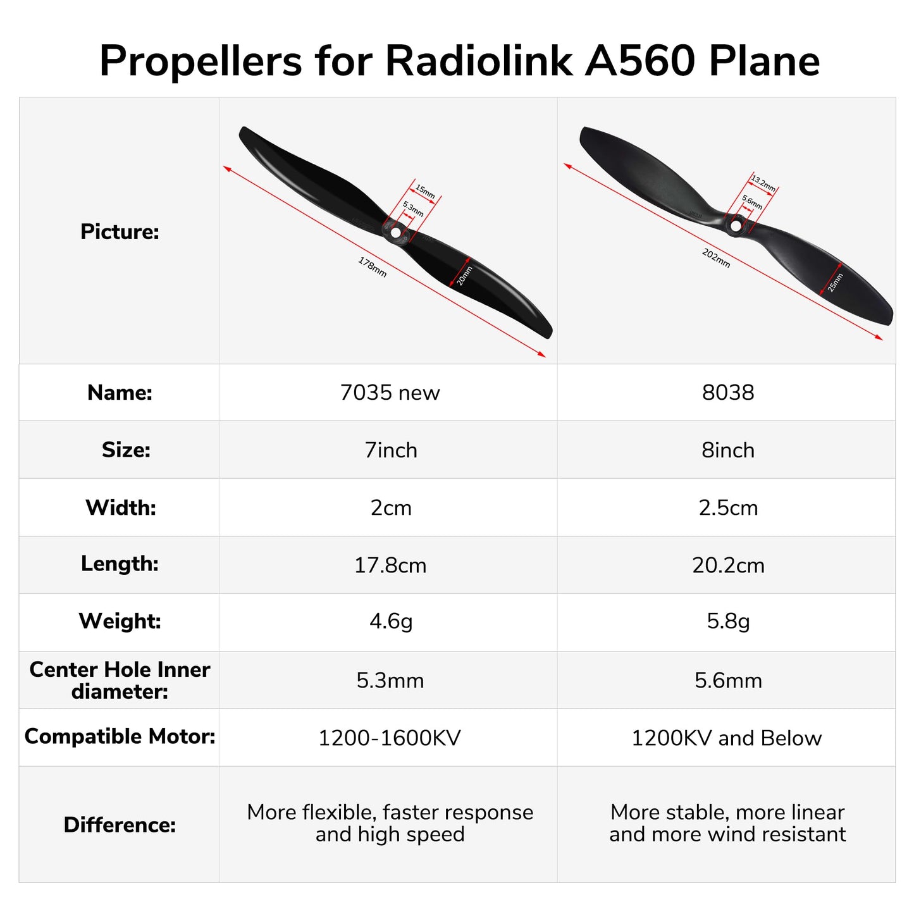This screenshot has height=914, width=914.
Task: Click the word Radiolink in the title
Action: click(479, 61)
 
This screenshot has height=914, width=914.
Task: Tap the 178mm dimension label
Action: click(372, 267)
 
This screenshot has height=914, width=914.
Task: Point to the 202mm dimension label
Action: click(716, 258)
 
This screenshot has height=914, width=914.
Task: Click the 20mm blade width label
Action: click(465, 276)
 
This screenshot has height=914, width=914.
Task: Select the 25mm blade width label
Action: click(836, 282)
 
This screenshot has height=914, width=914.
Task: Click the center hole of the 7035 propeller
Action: click(396, 232)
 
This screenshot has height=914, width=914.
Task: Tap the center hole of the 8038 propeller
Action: click(736, 225)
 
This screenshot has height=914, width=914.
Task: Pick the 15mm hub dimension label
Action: click(425, 192)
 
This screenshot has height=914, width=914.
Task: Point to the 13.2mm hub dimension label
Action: click(763, 184)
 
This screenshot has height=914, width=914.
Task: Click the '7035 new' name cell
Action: click(390, 393)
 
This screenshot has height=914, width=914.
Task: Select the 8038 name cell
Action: click(728, 393)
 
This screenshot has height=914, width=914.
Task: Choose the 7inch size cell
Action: click(391, 450)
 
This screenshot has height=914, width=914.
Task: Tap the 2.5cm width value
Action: click(728, 508)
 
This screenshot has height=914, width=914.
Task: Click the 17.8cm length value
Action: click(390, 565)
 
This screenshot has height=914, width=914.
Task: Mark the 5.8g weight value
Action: click(728, 622)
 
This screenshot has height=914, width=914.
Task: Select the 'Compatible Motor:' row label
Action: click(120, 737)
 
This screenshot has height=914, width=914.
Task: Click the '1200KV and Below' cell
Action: click(727, 738)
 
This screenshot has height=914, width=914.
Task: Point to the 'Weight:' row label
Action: click(120, 621)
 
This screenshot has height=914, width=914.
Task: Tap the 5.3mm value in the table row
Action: click(390, 681)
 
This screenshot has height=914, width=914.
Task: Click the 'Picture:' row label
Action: click(120, 232)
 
